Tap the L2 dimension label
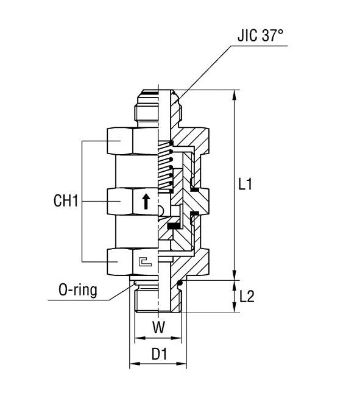[x=247, y=297]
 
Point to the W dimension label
[x=158, y=328]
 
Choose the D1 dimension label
[x=159, y=354]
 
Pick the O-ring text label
[x=77, y=291]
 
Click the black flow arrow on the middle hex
[x=146, y=201]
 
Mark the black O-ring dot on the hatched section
[x=181, y=285]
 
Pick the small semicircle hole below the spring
[x=161, y=211]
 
